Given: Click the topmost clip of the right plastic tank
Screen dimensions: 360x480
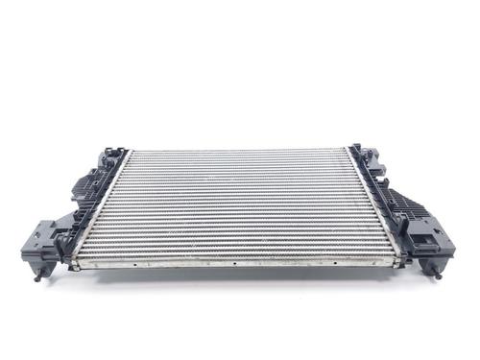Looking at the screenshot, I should point(357,150).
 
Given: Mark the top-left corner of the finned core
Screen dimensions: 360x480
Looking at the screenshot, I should point(130,152).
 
